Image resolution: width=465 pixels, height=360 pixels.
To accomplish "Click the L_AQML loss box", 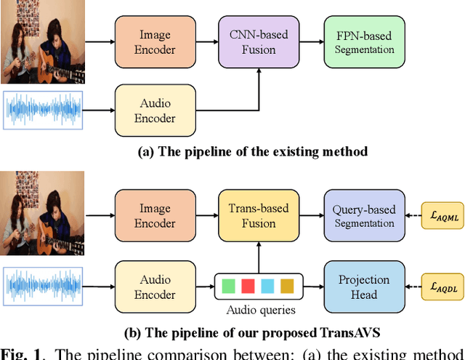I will click(441, 216).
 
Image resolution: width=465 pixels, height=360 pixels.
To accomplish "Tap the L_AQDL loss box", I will click(441, 287).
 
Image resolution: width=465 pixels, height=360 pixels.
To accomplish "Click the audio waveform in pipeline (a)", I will click(44, 110).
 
